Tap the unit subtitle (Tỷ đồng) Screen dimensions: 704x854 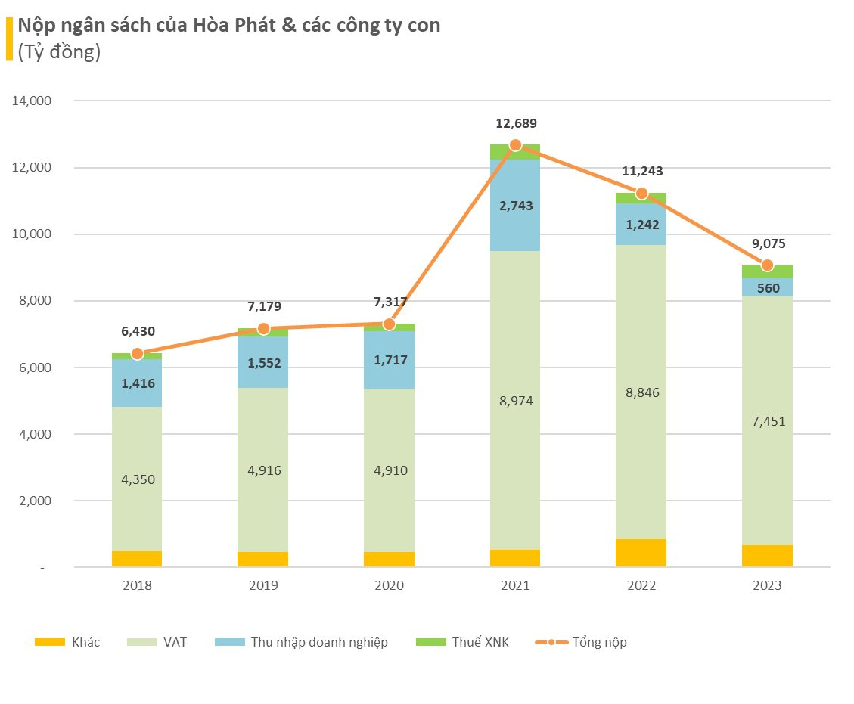pyautogui.click(x=54, y=53)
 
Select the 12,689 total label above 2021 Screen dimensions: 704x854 pyautogui.click(x=515, y=123)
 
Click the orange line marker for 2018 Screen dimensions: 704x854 pyautogui.click(x=137, y=354)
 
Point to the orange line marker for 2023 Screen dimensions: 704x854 pyautogui.click(x=767, y=265)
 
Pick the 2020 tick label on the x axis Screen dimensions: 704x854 pyautogui.click(x=389, y=586)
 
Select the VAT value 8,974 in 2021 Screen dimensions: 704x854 pyautogui.click(x=515, y=402)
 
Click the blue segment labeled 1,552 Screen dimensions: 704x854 pyautogui.click(x=263, y=363)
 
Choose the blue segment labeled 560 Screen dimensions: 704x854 pyautogui.click(x=767, y=287)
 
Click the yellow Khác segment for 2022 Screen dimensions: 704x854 pyautogui.click(x=641, y=553)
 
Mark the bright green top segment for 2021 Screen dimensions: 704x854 pyautogui.click(x=515, y=152)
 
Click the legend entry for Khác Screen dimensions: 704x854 pyautogui.click(x=67, y=642)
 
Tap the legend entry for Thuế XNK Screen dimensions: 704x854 pyautogui.click(x=463, y=642)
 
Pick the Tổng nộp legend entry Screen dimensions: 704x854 pyautogui.click(x=580, y=642)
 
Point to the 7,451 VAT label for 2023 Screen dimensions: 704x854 pyautogui.click(x=767, y=422)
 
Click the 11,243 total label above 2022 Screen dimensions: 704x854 pyautogui.click(x=641, y=171)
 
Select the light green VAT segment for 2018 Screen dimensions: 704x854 pyautogui.click(x=137, y=479)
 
